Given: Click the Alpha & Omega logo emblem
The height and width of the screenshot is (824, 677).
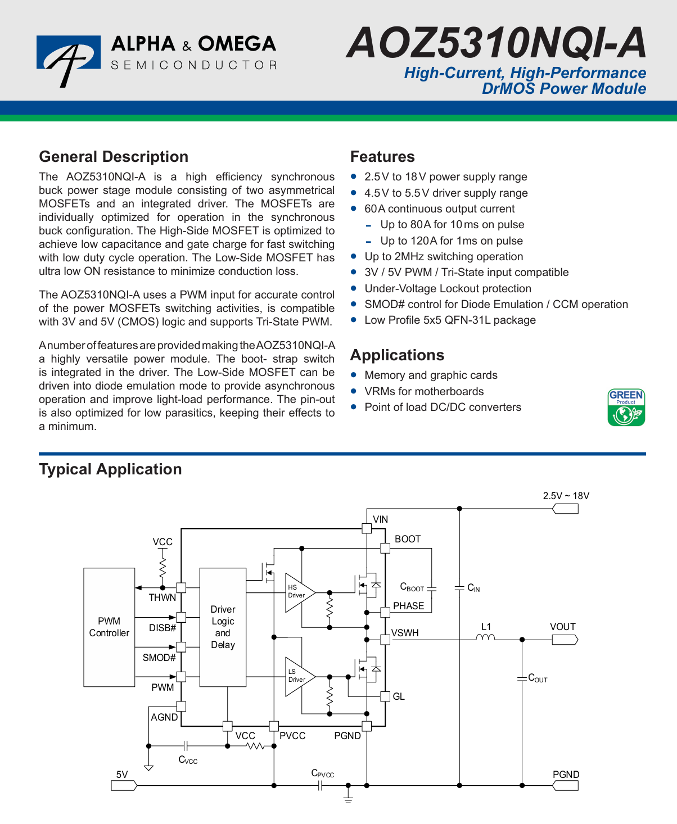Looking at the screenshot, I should [x=68, y=60].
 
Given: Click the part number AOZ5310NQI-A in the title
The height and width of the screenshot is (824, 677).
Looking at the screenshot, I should [x=496, y=43].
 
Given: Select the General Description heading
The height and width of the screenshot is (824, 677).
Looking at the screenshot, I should [x=114, y=157].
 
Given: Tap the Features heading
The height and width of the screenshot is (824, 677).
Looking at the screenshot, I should [x=382, y=157].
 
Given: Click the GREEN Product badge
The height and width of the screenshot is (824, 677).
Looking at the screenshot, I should [x=626, y=408].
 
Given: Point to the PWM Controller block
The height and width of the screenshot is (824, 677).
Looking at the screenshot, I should [x=109, y=627].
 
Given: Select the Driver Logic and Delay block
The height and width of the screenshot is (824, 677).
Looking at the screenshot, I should [x=223, y=627].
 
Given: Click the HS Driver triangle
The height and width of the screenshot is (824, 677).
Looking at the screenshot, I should [x=298, y=592].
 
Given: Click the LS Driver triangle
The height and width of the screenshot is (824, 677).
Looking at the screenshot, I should [x=298, y=676].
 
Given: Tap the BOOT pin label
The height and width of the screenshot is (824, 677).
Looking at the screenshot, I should [x=408, y=539].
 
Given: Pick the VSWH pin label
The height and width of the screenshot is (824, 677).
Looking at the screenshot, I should [x=405, y=633].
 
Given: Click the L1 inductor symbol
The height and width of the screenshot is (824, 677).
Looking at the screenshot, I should [x=486, y=637].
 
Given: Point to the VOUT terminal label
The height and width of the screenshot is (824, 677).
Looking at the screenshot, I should [x=563, y=627].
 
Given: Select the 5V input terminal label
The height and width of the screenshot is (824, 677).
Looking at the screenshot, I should [x=122, y=775].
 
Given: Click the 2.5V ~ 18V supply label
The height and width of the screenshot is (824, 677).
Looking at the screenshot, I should [x=566, y=496].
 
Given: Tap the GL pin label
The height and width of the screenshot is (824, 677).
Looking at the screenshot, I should [x=399, y=696].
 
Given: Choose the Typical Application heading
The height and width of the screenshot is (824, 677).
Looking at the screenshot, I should [x=110, y=469].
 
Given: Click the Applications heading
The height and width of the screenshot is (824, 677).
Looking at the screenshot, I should [x=397, y=355].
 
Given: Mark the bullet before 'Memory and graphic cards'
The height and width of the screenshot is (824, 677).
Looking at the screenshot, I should [x=354, y=375].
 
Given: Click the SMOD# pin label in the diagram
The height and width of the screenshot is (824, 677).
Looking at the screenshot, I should [x=159, y=658].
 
